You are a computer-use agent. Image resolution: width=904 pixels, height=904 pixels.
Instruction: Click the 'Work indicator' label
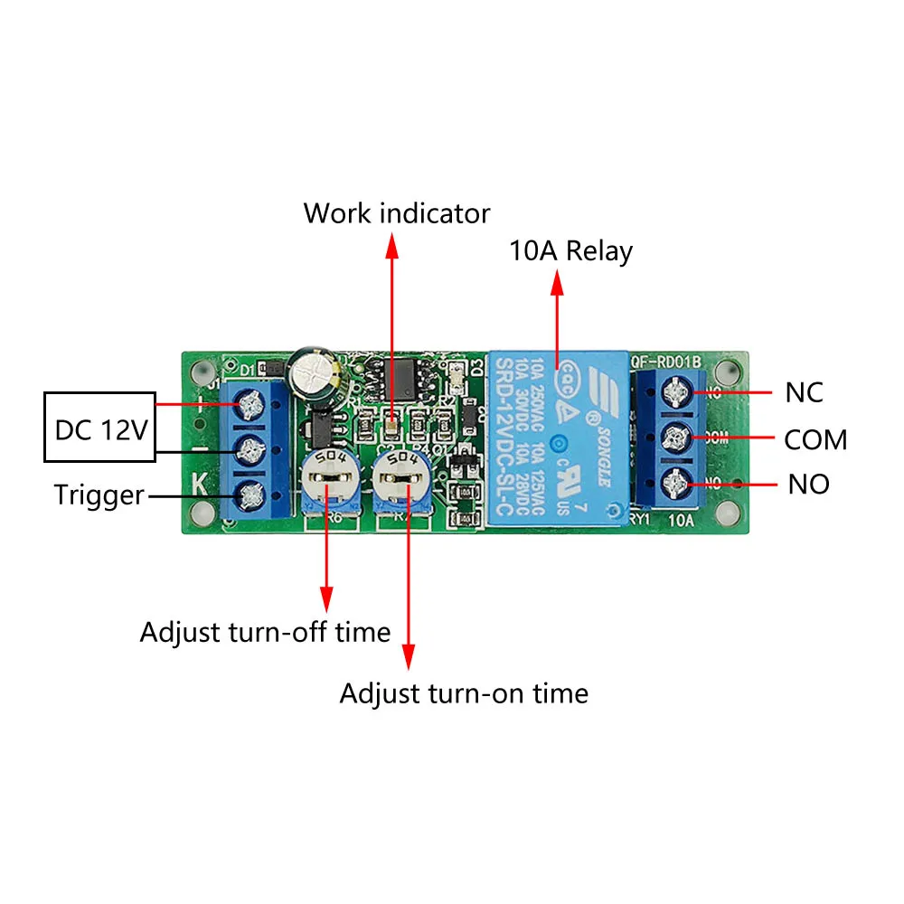pyautogui.click(x=396, y=213)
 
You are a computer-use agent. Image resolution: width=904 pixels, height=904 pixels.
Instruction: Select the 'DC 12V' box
pyautogui.click(x=100, y=429)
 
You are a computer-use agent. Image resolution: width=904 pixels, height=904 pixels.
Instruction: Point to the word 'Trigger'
pyautogui.click(x=99, y=495)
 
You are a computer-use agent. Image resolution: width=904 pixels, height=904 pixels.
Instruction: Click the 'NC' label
pyautogui.click(x=805, y=393)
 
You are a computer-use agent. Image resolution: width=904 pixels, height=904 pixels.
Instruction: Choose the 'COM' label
pyautogui.click(x=815, y=440)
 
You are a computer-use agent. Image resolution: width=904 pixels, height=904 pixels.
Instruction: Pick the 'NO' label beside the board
pyautogui.click(x=808, y=485)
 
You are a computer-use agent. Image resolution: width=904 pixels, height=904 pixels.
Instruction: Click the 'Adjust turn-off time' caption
pyautogui.click(x=265, y=632)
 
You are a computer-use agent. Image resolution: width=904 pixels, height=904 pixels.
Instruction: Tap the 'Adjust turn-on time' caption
pyautogui.click(x=463, y=693)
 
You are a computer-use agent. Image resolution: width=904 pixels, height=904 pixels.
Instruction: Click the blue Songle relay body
pyautogui.click(x=557, y=438)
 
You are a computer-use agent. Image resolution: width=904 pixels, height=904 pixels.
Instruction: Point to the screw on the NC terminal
pyautogui.click(x=674, y=391)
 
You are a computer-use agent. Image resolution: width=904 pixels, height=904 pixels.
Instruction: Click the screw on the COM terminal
pyautogui.click(x=674, y=438)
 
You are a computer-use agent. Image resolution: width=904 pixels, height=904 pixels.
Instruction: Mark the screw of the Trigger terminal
pyautogui.click(x=248, y=494)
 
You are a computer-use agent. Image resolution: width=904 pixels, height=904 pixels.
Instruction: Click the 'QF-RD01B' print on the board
pyautogui.click(x=666, y=363)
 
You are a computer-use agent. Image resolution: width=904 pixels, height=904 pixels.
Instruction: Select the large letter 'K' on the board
pyautogui.click(x=201, y=484)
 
